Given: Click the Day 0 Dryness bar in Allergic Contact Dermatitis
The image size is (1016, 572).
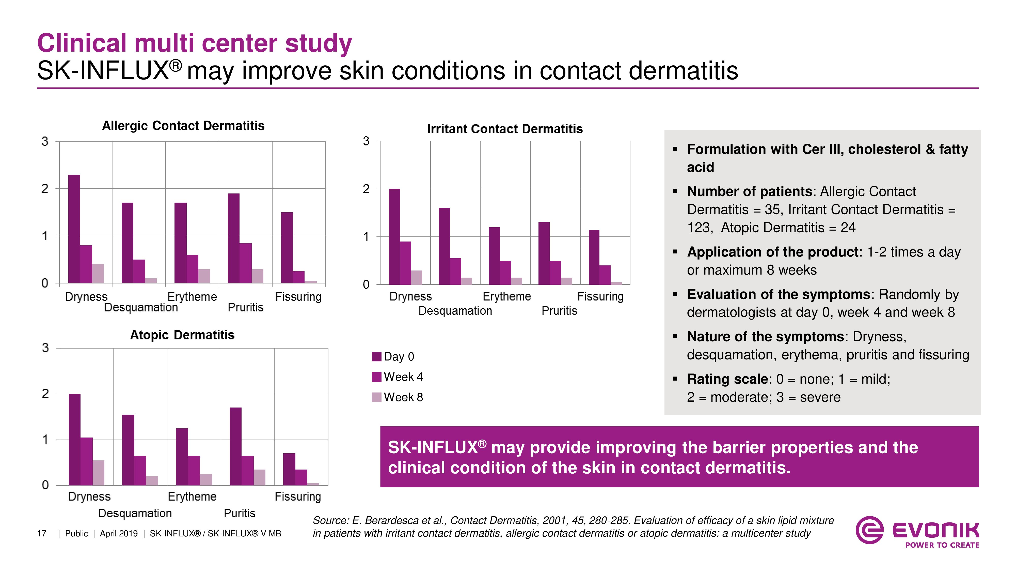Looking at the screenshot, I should coord(74,229).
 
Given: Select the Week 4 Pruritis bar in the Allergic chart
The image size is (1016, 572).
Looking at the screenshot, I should coord(245,263).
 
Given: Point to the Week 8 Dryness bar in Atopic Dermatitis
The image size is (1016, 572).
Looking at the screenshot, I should coord(99,473).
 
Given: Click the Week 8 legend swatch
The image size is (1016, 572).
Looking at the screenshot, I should coord(377,397).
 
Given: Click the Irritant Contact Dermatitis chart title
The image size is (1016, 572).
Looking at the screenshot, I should coord(505,129).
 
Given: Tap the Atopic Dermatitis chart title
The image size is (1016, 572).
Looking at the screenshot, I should coord(182,335).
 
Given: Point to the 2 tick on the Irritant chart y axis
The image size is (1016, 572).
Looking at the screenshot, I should coord(366,189).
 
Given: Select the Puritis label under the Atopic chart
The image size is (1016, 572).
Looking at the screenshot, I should coord(240,513).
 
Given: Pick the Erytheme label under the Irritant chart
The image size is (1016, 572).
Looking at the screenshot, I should coord(507,296).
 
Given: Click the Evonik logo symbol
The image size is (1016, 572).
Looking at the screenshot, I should coord(869,530).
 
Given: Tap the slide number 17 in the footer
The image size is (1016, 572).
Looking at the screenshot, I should coord(42,534).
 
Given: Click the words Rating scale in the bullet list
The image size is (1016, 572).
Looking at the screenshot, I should coord(728,379).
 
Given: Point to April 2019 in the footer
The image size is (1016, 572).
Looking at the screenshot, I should coord(119,534).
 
